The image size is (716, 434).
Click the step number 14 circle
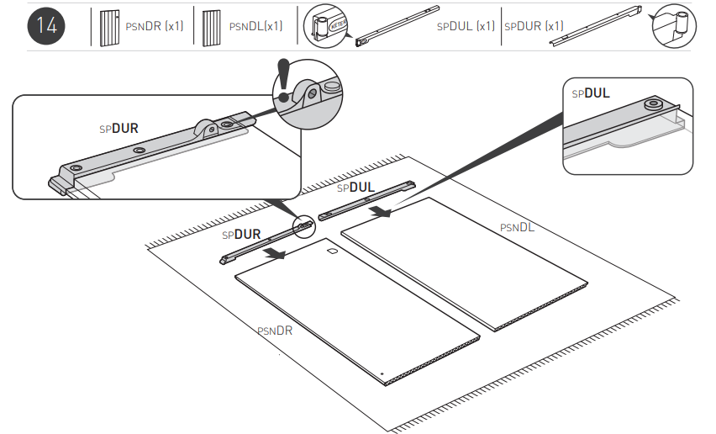pos(46,25)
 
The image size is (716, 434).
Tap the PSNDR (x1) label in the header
pos(154,26)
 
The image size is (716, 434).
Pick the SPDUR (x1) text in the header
pos(534,26)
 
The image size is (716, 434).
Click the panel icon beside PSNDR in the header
pos(107,26)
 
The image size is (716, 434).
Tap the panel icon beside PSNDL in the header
pos(211,26)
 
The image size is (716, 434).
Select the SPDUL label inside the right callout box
pos(591,93)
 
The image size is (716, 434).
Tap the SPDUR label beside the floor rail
pos(241,234)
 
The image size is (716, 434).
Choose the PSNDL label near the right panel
pos(517,227)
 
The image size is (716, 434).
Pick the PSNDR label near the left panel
pos(275,331)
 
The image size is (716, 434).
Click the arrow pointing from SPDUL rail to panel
pos(382,212)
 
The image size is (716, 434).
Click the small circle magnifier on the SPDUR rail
pos(303,225)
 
